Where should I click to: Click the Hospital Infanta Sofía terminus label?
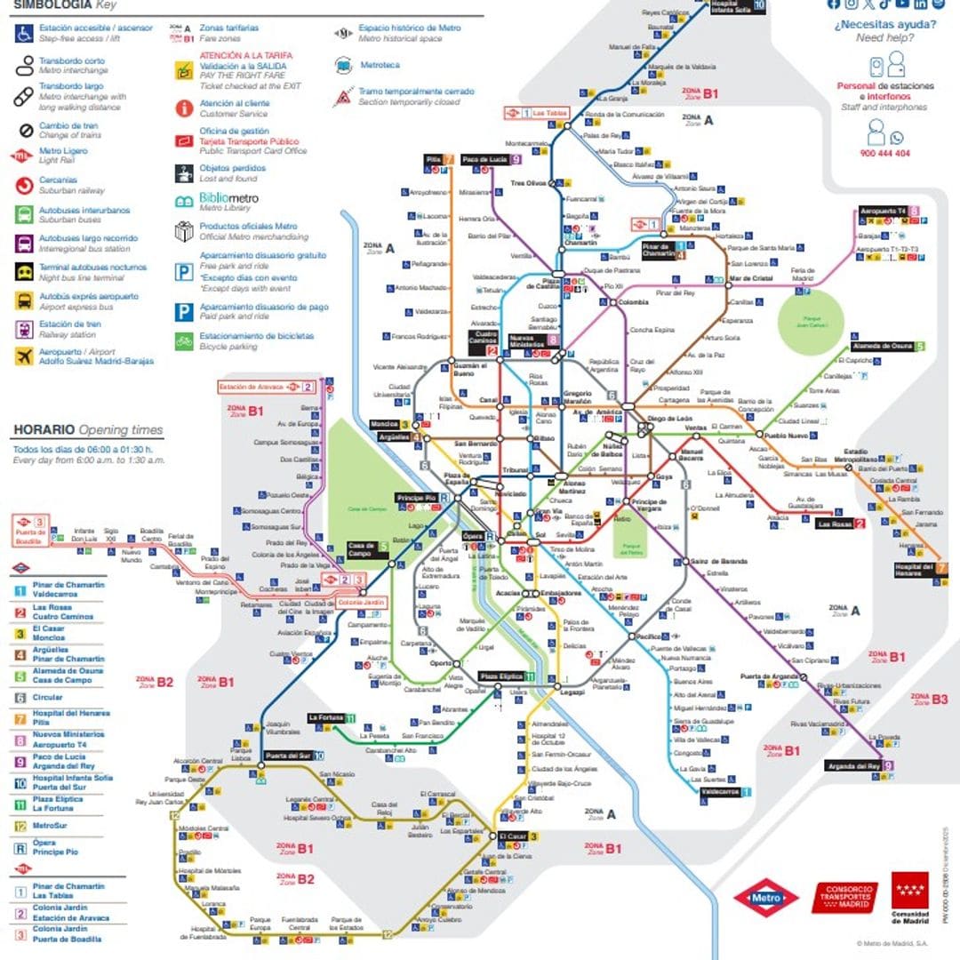pos(730,4)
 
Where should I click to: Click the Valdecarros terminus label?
pos(719,791)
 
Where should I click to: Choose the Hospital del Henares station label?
pos(913,570)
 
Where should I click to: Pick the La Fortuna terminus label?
pos(325,717)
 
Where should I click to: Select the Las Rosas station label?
pos(835,524)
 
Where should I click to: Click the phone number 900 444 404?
pos(884,153)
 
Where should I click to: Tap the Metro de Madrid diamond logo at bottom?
pos(765,898)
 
